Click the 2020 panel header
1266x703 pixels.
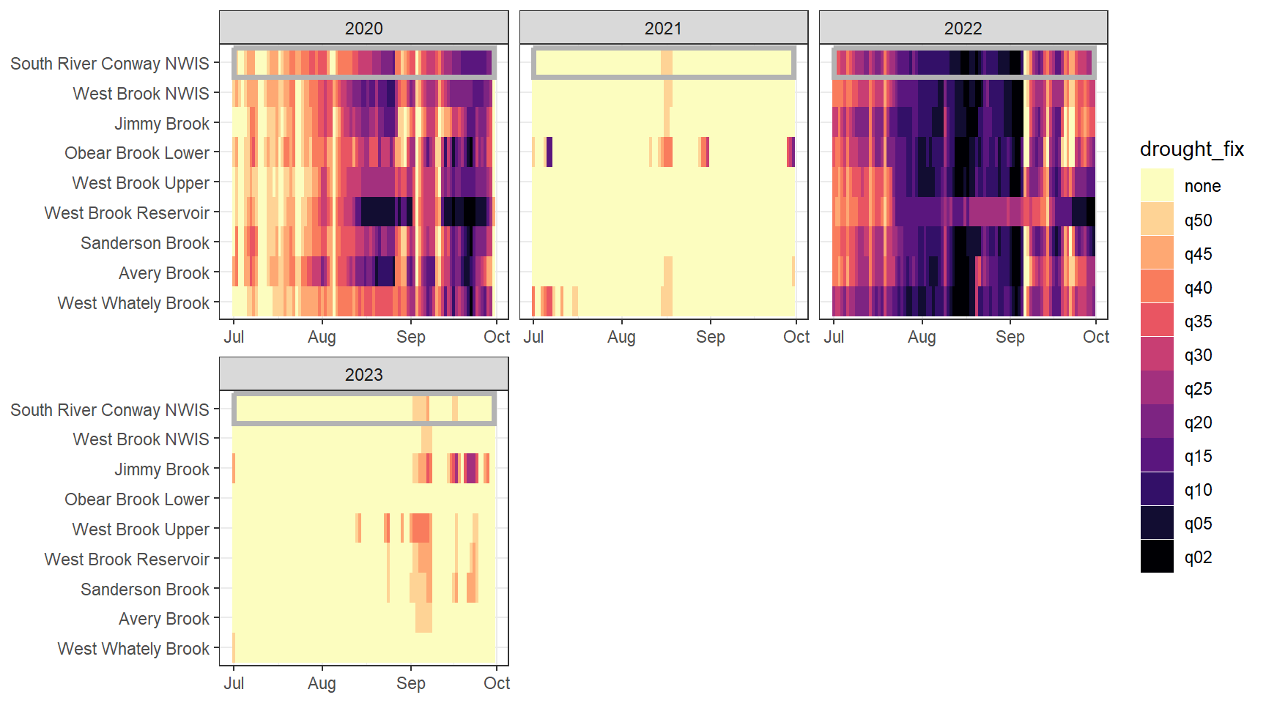363,29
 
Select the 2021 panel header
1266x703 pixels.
663,29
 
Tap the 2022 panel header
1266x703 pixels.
963,29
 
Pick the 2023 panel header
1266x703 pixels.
363,375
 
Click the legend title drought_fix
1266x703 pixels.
1191,149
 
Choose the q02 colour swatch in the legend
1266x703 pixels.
1157,557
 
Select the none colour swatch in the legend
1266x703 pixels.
1157,185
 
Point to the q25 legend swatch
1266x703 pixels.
1157,388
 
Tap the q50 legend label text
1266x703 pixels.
1198,220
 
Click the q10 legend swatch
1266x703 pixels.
1157,489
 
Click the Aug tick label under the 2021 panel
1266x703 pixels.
621,337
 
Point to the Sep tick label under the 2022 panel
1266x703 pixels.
1010,337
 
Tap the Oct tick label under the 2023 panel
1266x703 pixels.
497,683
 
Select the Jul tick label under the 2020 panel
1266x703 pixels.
234,337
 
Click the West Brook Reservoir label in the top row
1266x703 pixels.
127,213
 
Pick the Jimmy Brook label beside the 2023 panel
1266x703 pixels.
162,469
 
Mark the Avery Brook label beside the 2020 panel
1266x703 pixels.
164,273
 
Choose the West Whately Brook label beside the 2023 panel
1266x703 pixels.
133,649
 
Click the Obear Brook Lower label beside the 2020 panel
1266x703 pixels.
137,153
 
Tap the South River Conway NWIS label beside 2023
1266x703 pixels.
110,410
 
